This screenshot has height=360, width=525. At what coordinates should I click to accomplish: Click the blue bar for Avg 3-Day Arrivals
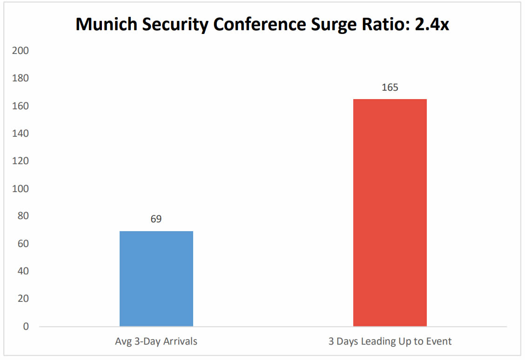[156, 279]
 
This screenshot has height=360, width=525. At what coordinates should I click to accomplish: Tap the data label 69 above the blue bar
[156, 219]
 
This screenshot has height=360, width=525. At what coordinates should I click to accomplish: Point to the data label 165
[390, 87]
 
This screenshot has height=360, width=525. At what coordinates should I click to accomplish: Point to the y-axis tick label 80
[23, 216]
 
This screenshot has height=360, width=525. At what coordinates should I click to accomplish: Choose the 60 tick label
[23, 244]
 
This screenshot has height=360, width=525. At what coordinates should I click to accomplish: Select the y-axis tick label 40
[23, 271]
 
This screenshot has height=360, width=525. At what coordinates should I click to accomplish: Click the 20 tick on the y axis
[23, 299]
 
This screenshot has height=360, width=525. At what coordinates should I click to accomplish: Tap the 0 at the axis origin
[26, 327]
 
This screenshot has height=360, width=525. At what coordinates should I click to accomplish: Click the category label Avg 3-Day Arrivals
[156, 341]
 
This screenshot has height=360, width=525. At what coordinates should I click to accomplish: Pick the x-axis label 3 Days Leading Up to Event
[390, 341]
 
